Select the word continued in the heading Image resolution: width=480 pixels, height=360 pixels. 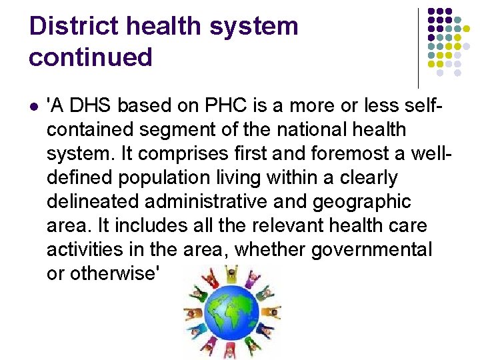(x=91, y=57)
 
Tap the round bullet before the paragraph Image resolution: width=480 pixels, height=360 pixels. (x=33, y=107)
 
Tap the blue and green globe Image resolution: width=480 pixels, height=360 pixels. (x=231, y=314)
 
